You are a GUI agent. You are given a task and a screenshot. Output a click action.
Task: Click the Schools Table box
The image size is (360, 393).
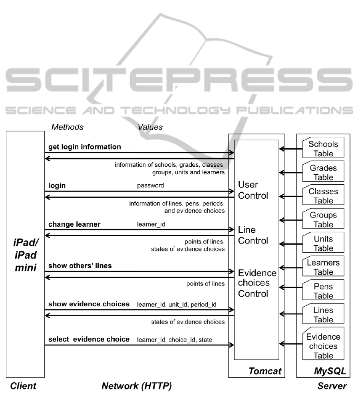click(323, 148)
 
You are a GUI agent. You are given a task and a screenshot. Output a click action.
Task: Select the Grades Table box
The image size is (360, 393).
click(323, 171)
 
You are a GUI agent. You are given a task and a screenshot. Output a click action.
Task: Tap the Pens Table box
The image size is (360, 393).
click(323, 290)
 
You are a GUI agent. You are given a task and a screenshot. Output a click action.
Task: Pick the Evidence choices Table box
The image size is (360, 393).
click(323, 343)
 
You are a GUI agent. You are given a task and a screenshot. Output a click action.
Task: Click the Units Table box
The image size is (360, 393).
click(323, 242)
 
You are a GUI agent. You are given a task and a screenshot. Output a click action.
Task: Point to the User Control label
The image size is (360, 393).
click(253, 190)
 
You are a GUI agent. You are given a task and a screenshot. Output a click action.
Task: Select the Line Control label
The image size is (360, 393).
click(253, 235)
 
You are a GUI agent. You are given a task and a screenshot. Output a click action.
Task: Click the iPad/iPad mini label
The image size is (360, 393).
click(26, 255)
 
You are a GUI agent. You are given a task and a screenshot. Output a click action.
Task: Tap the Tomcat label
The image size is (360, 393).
click(265, 371)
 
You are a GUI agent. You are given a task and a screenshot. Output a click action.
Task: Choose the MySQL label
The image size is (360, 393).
click(330, 371)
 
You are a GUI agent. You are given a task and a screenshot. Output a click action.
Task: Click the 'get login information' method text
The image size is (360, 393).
click(85, 147)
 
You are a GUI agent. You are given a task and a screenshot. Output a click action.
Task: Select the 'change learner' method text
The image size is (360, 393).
click(74, 224)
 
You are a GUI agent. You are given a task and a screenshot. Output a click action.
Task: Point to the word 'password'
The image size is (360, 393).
click(150, 186)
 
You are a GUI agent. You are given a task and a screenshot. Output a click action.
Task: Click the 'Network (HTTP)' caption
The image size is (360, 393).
click(137, 386)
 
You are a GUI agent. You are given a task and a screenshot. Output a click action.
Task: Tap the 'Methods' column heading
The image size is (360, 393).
click(67, 127)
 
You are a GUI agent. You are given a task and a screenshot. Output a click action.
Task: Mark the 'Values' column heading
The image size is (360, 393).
click(150, 127)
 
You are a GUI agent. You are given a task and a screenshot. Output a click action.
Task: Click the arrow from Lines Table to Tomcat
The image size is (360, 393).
click(290, 314)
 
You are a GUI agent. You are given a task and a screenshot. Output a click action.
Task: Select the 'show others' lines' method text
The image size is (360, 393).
click(80, 266)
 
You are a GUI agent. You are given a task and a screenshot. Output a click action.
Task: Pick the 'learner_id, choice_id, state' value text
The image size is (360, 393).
click(174, 340)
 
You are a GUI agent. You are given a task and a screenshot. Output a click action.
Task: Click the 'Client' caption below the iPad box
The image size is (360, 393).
click(23, 386)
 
